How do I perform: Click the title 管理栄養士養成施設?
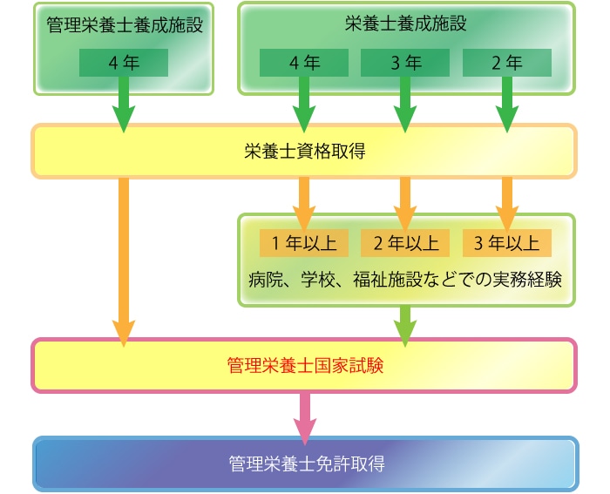coord(125,25)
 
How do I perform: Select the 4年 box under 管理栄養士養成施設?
coord(124,63)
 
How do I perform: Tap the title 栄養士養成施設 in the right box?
coord(406,24)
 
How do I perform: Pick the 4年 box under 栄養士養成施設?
coord(304,63)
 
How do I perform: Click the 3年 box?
coord(405,63)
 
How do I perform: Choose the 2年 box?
coord(507,63)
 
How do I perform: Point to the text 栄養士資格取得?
coord(305,151)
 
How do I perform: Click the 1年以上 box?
coord(304,243)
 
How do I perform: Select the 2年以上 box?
coord(405,243)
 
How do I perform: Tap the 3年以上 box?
coord(507,243)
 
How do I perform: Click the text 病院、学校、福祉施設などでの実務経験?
coord(405,280)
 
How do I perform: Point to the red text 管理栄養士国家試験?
coord(305,366)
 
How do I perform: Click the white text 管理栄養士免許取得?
coord(307,464)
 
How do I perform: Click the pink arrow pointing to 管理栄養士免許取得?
coord(305,418)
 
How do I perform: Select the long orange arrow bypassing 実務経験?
coord(124,261)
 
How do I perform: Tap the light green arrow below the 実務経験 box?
coord(405,326)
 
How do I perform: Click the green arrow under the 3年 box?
coord(405,105)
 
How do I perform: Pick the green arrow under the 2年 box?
coord(507,105)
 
